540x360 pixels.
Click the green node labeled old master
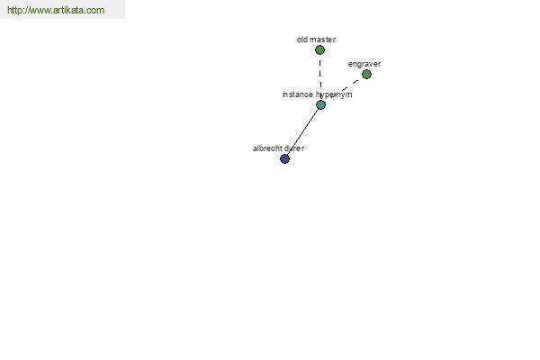tap(319, 50)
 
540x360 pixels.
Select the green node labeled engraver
tap(367, 75)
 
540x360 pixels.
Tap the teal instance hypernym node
tap(320, 104)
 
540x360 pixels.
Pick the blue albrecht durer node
tap(284, 158)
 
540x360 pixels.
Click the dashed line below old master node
tap(320, 77)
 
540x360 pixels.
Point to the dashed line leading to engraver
tap(345, 89)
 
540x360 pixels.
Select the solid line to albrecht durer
tap(302, 132)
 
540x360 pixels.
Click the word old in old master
tap(301, 40)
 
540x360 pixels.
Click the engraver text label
tap(364, 65)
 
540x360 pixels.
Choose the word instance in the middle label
tap(298, 94)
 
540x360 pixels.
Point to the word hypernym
tap(334, 94)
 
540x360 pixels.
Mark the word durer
tap(293, 148)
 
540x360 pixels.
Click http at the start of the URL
tap(13, 10)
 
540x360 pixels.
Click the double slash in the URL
tap(25, 10)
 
